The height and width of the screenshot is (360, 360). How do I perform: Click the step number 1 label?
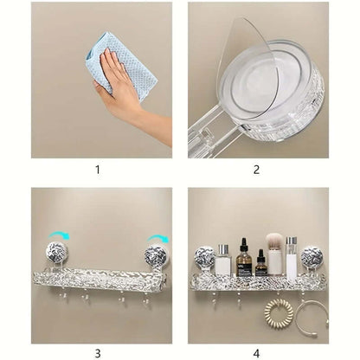[x=99, y=170]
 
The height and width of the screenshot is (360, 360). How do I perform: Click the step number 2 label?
[x=257, y=170]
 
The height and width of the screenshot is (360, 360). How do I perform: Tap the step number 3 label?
[x=99, y=352]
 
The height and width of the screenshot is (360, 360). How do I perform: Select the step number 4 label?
[x=257, y=352]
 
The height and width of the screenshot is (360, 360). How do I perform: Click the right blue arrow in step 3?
[x=157, y=239]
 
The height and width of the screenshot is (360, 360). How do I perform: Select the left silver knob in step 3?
[x=57, y=257]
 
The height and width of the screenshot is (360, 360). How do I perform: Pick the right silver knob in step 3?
[x=156, y=257]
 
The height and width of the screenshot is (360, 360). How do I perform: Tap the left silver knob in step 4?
[x=205, y=258]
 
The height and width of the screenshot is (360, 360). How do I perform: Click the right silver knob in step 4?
[x=312, y=258]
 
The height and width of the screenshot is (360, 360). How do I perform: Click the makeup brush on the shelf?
[x=276, y=251]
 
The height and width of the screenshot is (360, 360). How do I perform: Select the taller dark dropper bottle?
[x=245, y=259]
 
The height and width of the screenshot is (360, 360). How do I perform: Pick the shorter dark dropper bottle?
[x=260, y=264]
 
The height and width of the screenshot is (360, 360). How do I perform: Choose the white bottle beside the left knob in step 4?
[x=223, y=261]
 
